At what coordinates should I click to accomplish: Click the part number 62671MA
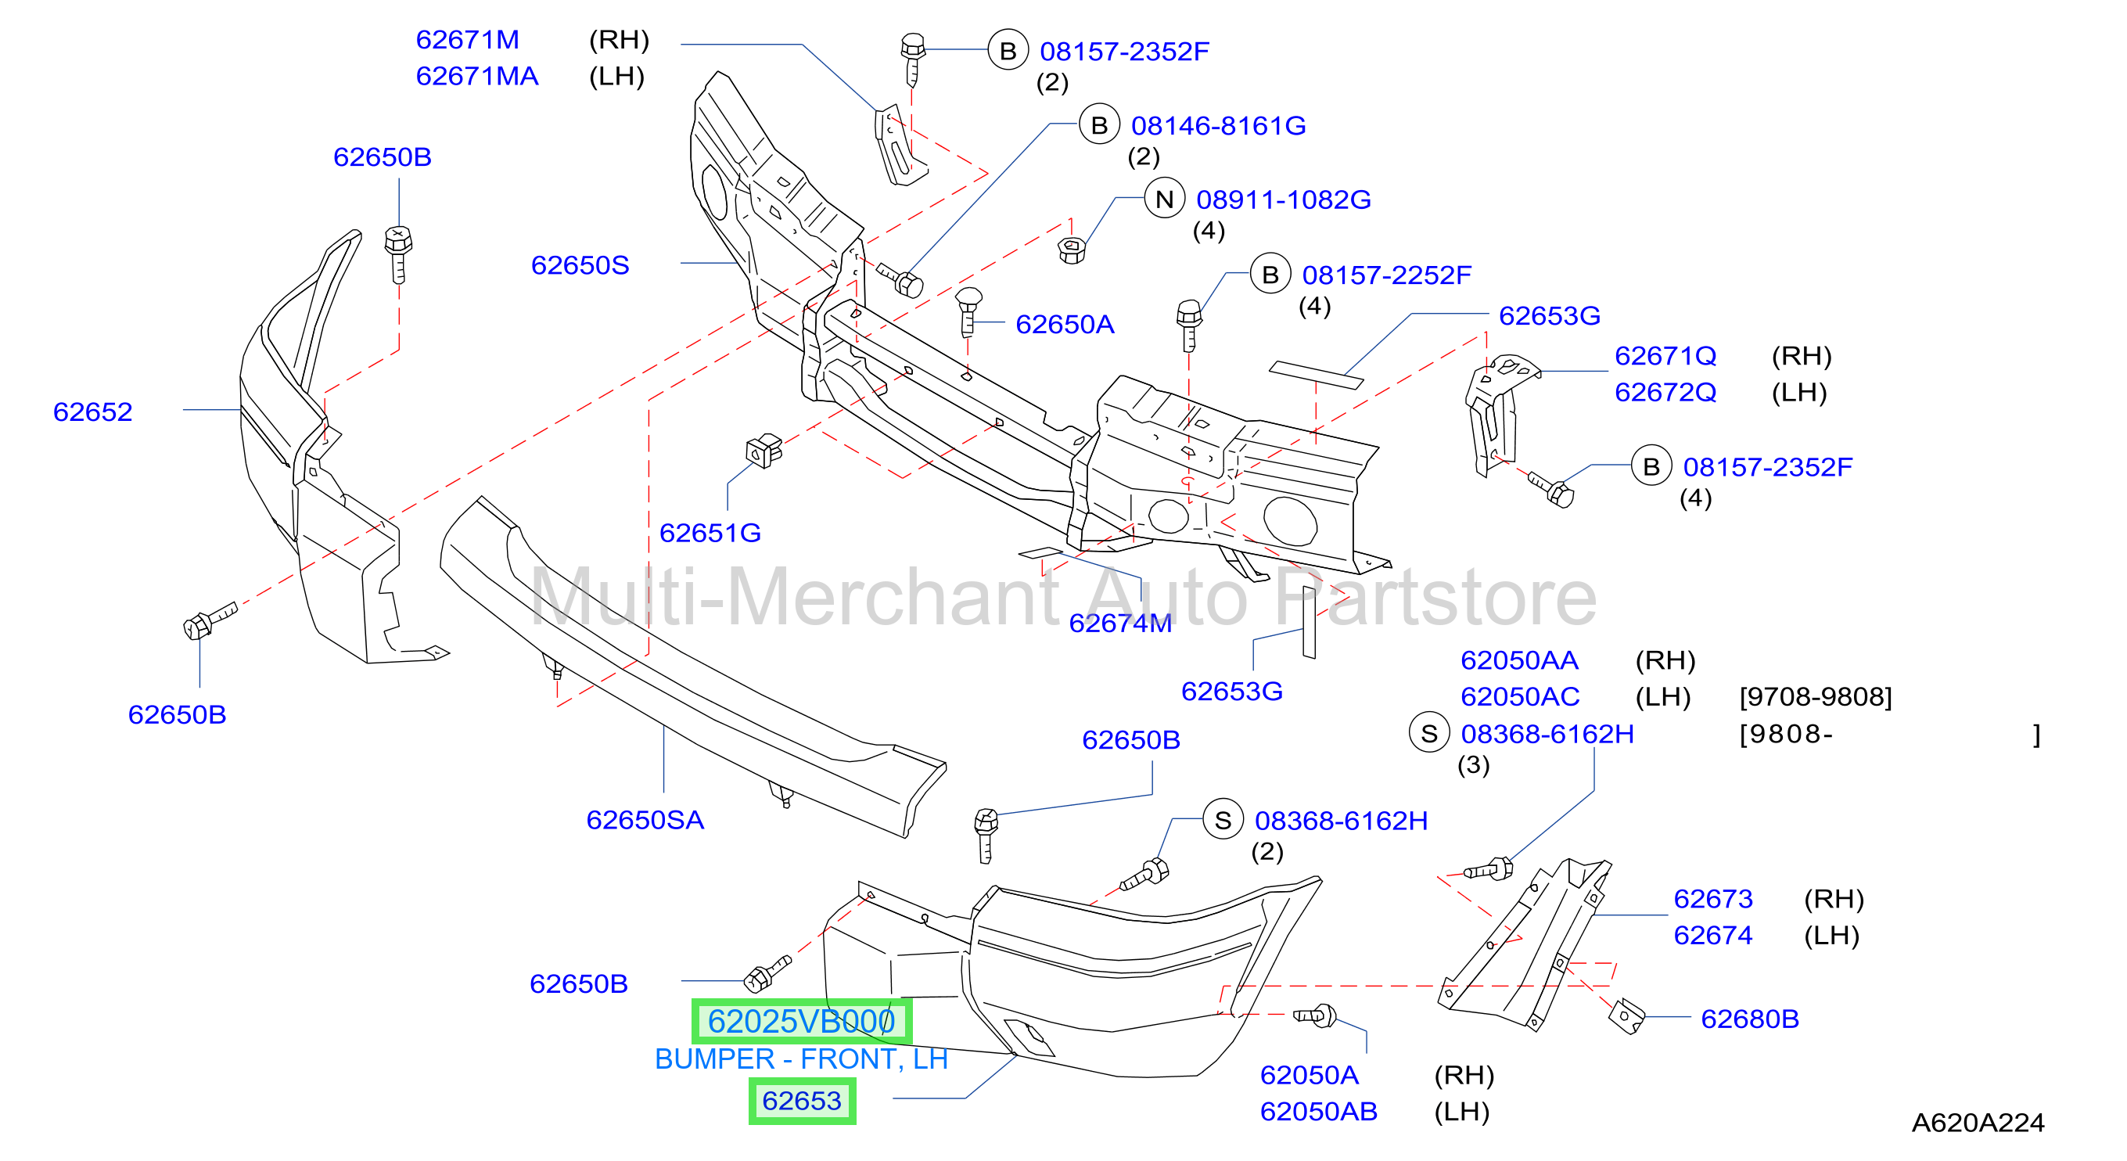click(477, 76)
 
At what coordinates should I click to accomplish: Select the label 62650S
click(580, 265)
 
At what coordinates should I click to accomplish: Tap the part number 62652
click(92, 412)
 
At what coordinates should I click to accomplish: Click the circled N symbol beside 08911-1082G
click(1164, 199)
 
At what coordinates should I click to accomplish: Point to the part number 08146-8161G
click(1218, 125)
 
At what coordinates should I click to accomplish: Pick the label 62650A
click(1065, 325)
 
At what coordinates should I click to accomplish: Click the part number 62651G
click(710, 533)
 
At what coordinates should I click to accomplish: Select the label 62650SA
click(645, 820)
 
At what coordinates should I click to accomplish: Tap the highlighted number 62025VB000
click(802, 1022)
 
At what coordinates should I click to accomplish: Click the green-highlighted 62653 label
click(802, 1101)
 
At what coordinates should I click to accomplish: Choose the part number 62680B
click(1750, 1019)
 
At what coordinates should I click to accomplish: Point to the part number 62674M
click(1120, 624)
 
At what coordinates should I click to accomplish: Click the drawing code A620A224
click(1978, 1123)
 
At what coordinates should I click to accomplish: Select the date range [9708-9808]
click(1816, 697)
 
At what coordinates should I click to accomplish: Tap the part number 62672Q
click(1665, 392)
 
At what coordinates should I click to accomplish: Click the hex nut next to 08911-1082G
click(1071, 249)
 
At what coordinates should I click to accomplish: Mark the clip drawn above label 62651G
click(763, 451)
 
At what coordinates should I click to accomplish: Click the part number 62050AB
click(1319, 1112)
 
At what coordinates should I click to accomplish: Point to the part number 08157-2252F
click(1386, 275)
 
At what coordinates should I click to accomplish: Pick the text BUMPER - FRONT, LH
click(801, 1059)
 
